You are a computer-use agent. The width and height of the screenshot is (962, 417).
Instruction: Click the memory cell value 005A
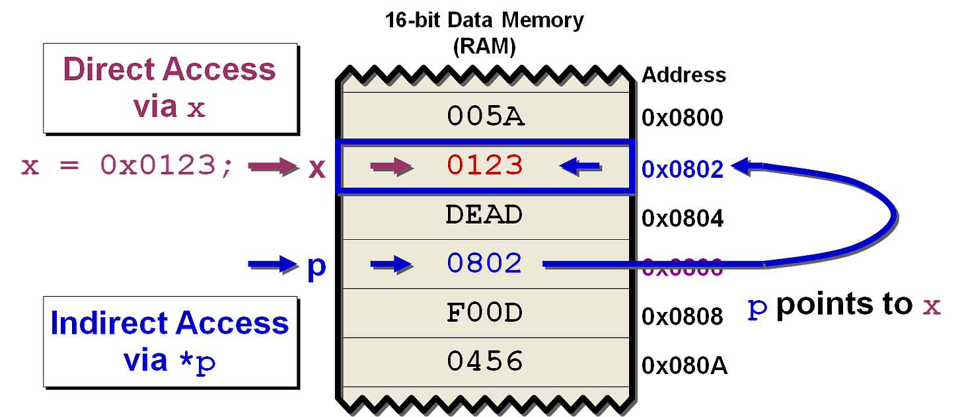click(486, 117)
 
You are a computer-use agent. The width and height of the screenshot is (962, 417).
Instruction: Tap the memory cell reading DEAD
click(484, 215)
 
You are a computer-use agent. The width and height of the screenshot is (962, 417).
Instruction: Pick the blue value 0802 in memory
click(484, 264)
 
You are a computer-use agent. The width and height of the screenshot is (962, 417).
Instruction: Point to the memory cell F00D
click(484, 313)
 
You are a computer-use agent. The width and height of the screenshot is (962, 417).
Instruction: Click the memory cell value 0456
click(484, 361)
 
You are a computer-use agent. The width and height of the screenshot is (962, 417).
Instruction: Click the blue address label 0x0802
click(683, 169)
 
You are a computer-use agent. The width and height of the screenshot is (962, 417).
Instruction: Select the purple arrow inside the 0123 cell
click(392, 167)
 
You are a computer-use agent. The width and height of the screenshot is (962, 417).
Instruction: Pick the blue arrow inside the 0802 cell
click(391, 265)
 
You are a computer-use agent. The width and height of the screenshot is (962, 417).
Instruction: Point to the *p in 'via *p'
click(198, 362)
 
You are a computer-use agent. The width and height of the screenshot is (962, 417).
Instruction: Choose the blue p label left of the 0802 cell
click(316, 268)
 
